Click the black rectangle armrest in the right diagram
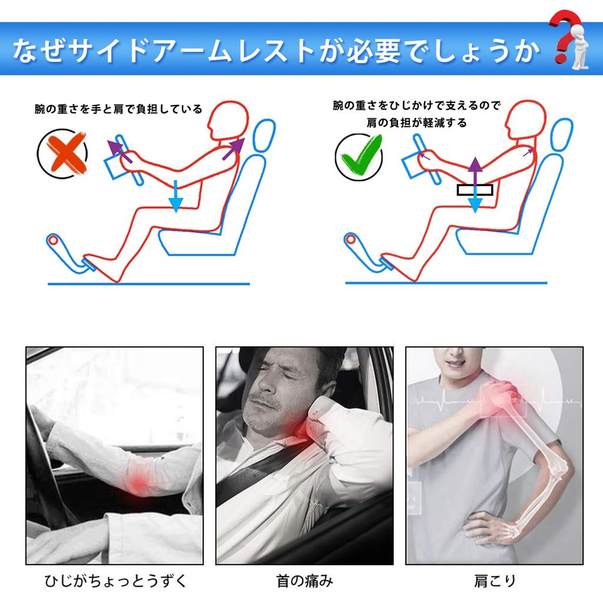tap(474, 190)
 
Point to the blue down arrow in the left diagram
tap(174, 197)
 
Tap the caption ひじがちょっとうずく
tap(116, 581)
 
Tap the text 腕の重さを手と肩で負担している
tap(118, 109)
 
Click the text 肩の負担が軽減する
tap(415, 122)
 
